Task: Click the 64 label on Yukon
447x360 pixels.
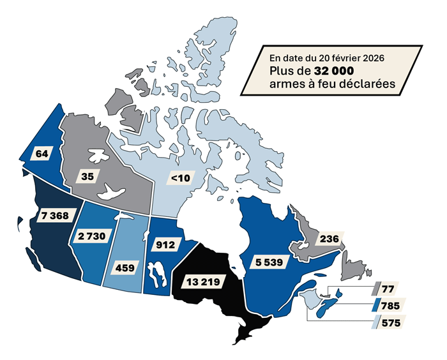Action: click(43, 154)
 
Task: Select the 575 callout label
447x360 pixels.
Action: click(390, 323)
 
